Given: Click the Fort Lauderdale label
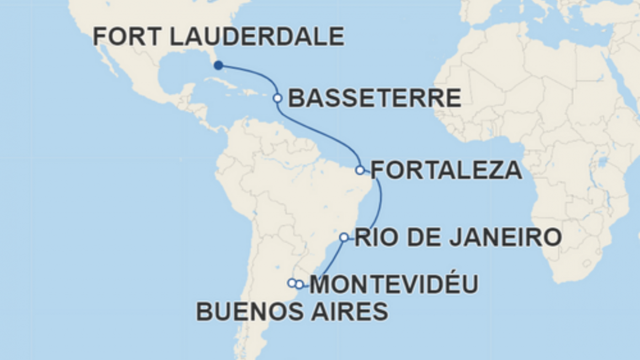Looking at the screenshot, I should (x=218, y=37).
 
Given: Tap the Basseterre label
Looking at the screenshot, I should (x=375, y=99).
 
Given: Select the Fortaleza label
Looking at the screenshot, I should (x=446, y=170).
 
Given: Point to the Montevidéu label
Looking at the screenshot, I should (x=394, y=285).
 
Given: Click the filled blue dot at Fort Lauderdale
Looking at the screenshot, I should (x=218, y=66).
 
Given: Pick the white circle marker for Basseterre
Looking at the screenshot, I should (x=278, y=98).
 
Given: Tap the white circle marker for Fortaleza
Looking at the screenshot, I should (x=360, y=170).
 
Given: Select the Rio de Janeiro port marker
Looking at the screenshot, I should (x=344, y=237).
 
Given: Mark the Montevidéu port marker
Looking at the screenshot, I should (x=300, y=284).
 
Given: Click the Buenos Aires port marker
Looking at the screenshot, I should (x=291, y=283).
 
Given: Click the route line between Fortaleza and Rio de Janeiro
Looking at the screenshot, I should (x=378, y=204).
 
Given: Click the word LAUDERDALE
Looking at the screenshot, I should (x=257, y=37).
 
